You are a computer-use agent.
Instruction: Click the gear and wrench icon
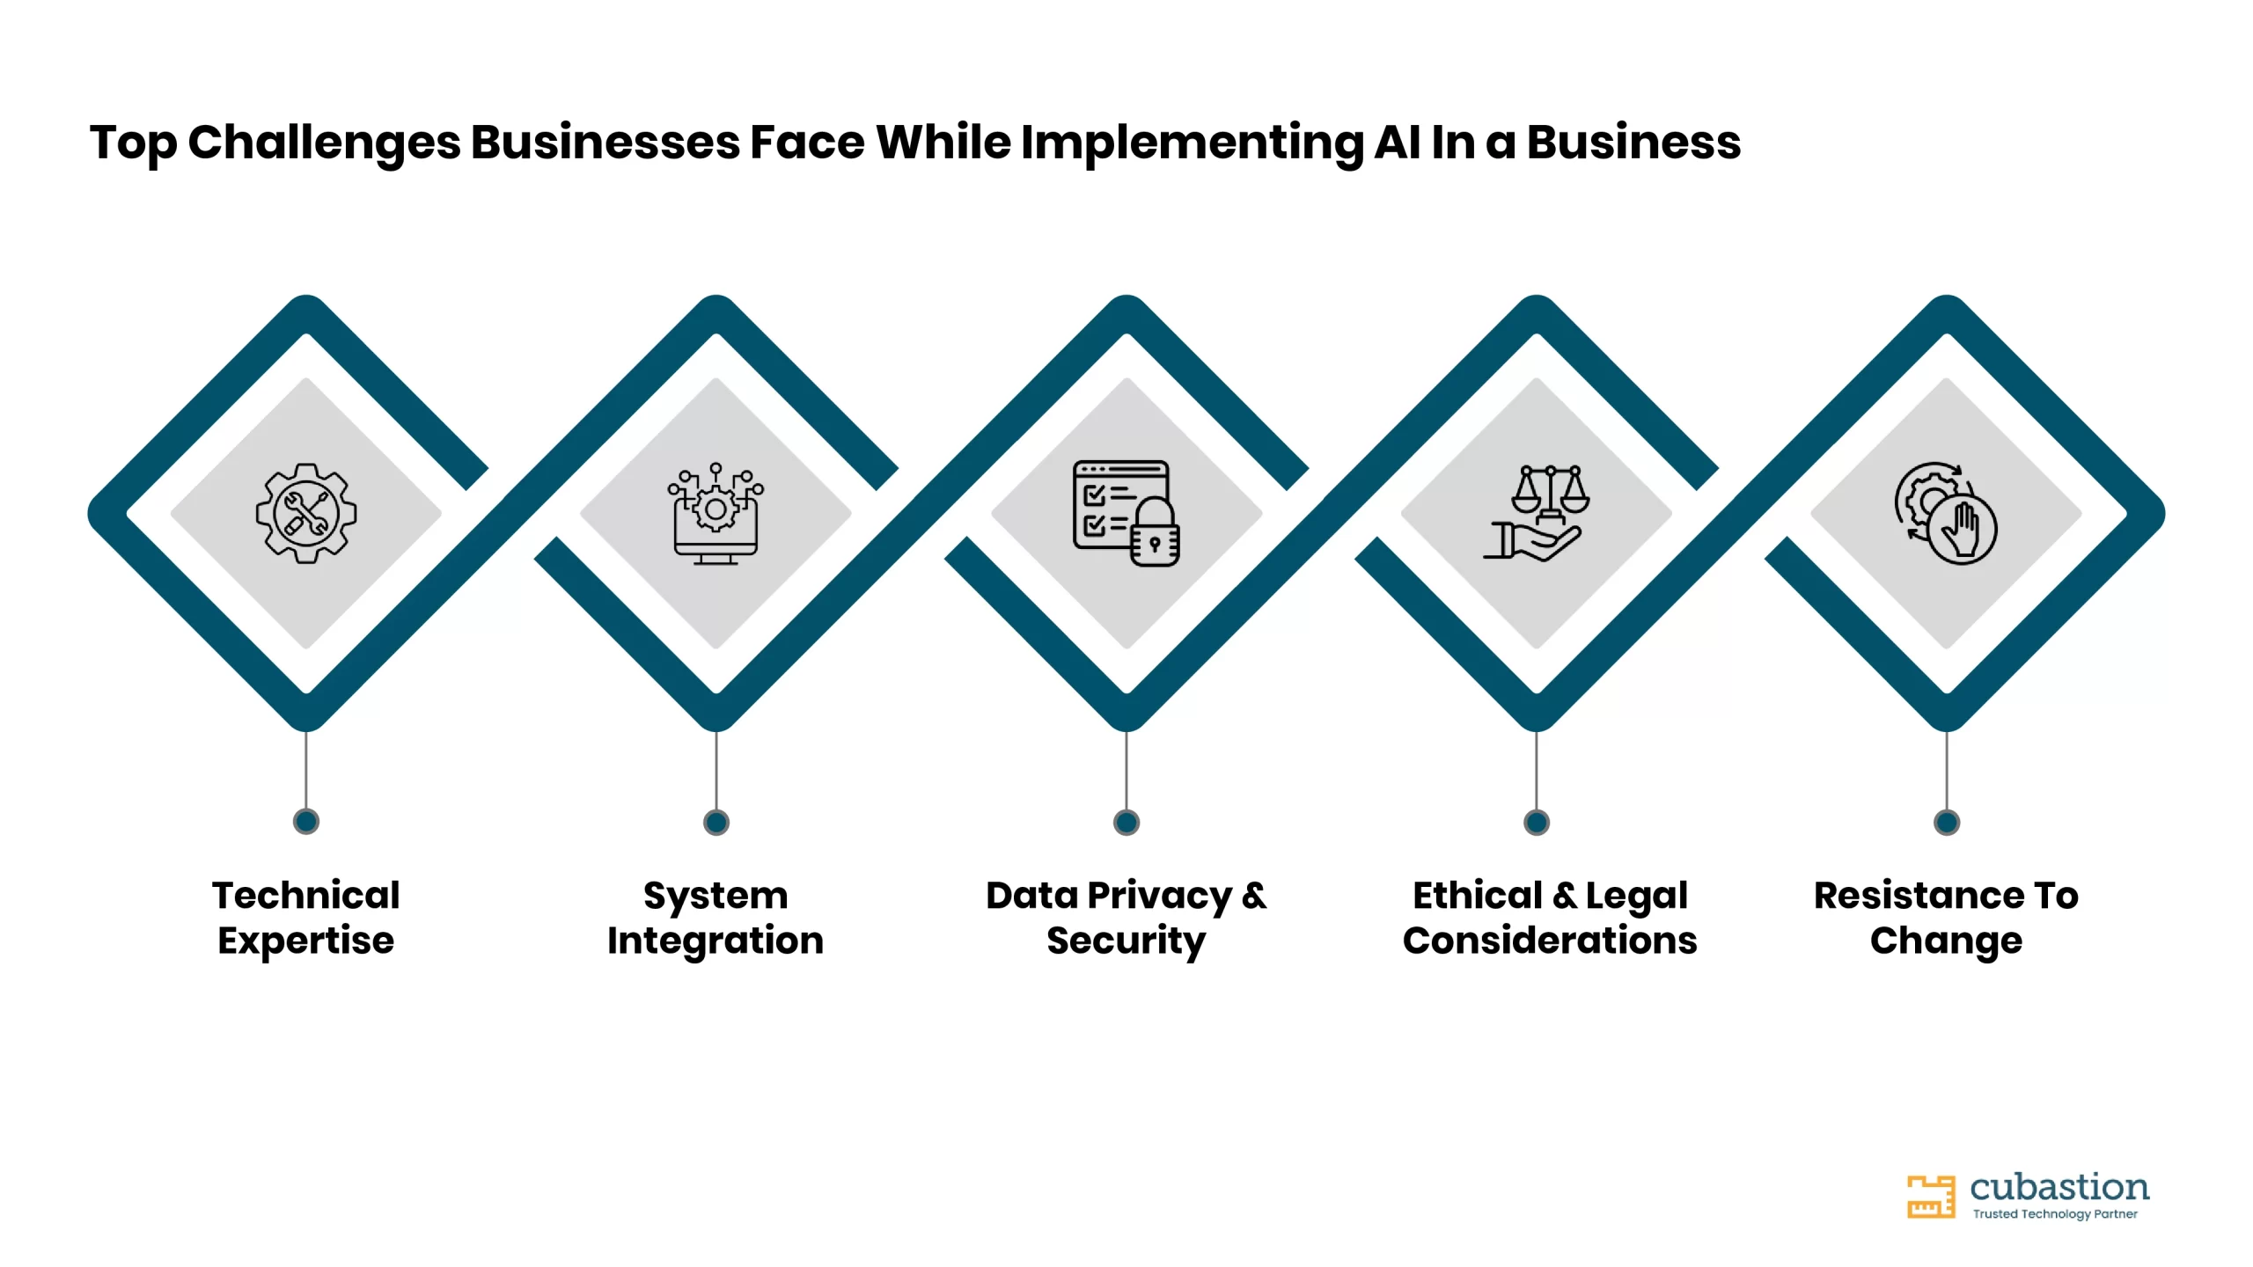[306, 513]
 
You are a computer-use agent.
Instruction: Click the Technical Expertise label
[306, 918]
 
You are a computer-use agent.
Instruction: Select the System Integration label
[716, 918]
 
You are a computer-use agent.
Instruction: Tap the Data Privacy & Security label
[1126, 918]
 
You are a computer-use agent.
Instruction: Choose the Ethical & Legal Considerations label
[1550, 918]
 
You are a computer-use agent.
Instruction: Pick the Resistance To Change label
[1947, 918]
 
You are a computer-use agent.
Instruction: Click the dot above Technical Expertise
[306, 822]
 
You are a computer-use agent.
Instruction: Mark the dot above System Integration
[716, 823]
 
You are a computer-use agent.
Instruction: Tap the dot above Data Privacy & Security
[1126, 823]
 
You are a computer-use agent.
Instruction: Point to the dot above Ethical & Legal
[1537, 823]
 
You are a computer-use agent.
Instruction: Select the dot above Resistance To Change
[1947, 823]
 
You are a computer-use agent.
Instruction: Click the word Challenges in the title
[324, 143]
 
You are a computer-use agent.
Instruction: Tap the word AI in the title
[1398, 142]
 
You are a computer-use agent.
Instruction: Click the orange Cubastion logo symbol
[1931, 1197]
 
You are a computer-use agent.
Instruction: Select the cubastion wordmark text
[2059, 1187]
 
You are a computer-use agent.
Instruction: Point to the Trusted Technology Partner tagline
[2055, 1214]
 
